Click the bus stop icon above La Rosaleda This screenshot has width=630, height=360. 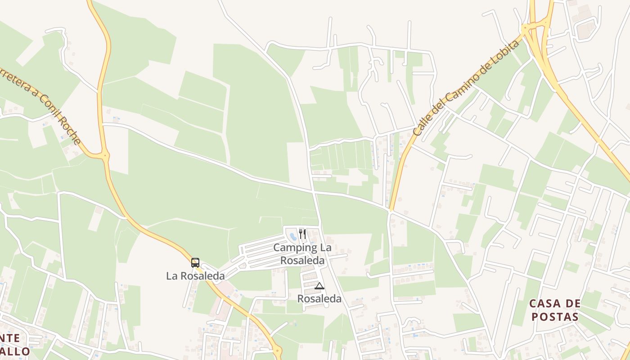pos(195,263)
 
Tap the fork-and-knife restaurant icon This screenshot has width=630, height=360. pos(302,234)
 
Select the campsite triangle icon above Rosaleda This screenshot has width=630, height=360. pos(319,286)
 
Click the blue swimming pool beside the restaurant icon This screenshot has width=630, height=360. pos(293,236)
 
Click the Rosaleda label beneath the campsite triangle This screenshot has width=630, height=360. pos(319,298)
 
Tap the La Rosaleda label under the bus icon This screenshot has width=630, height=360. pos(195,275)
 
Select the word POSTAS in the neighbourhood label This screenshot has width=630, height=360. pos(555,316)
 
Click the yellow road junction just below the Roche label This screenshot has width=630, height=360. pos(105,156)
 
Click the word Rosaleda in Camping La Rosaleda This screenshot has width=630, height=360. pos(302,260)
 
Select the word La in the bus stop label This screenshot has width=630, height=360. pos(172,275)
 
